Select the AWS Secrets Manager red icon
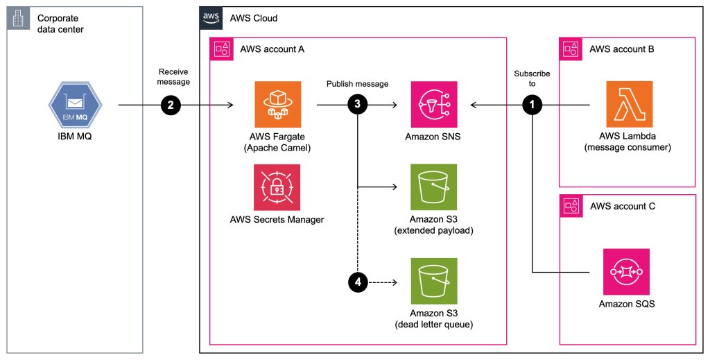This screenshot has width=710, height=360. (x=277, y=187)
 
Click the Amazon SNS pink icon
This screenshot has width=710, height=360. (x=433, y=105)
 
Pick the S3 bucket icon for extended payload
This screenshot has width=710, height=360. (x=433, y=187)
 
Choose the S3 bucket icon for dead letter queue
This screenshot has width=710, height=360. (x=433, y=282)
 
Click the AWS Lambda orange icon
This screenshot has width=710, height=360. (x=629, y=105)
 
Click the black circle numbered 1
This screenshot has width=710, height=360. (x=532, y=105)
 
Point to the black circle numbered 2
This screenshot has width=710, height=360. (x=171, y=105)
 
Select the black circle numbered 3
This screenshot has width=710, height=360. (x=357, y=105)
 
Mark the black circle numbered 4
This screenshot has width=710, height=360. (x=357, y=282)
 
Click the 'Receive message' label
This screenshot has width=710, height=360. (x=173, y=77)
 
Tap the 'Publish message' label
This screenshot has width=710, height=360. (x=357, y=84)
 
